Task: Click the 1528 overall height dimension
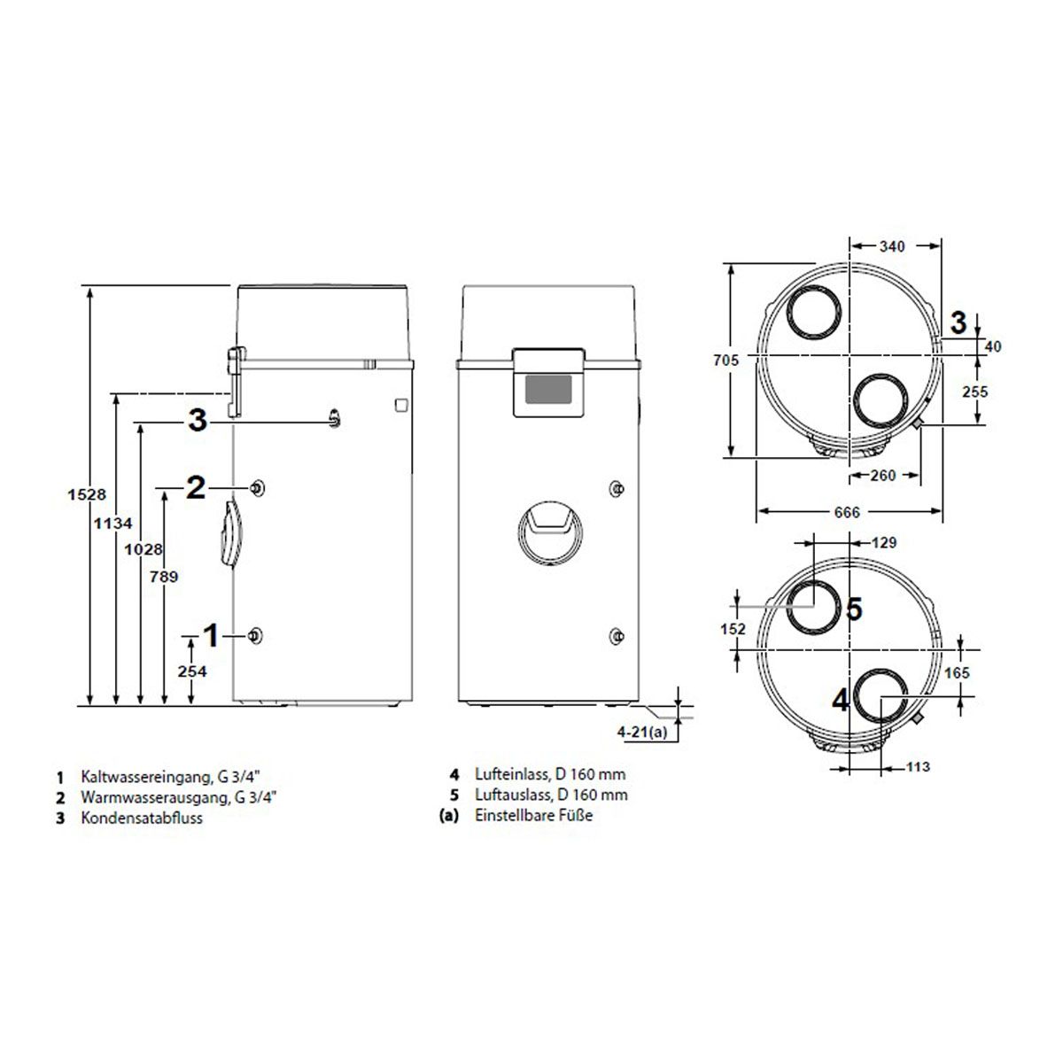tap(87, 494)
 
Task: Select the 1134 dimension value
tap(113, 523)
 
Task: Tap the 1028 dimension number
tap(144, 549)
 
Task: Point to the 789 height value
tap(164, 577)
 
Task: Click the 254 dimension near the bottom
tap(192, 671)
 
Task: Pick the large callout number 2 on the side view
tap(196, 487)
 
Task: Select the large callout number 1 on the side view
tap(212, 635)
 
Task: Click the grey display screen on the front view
tap(547, 390)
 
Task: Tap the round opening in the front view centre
tap(550, 533)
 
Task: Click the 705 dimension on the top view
tap(726, 361)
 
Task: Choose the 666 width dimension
tap(847, 513)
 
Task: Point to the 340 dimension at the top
tap(892, 246)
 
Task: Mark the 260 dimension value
tap(882, 475)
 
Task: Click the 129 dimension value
tap(884, 543)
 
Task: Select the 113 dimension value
tap(918, 767)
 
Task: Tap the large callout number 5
tap(854, 609)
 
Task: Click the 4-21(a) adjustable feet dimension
tap(641, 732)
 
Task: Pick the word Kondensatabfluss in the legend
tap(142, 818)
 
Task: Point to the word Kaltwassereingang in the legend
tap(146, 777)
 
